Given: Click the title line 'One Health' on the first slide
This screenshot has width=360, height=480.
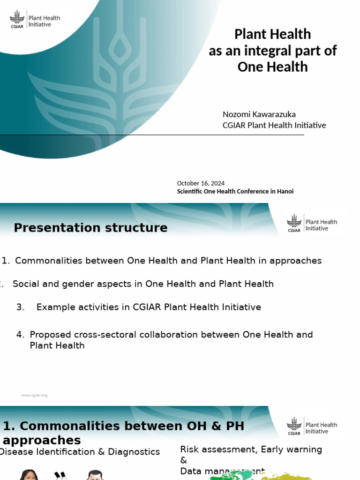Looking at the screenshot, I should pyautogui.click(x=272, y=67).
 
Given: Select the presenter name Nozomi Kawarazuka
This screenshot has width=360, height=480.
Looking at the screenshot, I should pyautogui.click(x=259, y=114).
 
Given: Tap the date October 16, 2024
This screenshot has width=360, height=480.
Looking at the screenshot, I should pyautogui.click(x=201, y=183).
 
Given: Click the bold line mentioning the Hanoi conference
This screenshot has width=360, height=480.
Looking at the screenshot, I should pyautogui.click(x=235, y=191).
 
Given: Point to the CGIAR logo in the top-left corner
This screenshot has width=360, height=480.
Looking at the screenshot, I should pyautogui.click(x=18, y=19).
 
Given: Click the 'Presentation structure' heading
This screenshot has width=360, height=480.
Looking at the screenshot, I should pyautogui.click(x=90, y=228).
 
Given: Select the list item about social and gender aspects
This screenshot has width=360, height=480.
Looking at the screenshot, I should pyautogui.click(x=143, y=284).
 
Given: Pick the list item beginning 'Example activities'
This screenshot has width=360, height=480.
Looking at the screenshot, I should pyautogui.click(x=149, y=307).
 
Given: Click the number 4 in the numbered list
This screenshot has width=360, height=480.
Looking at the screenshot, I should pyautogui.click(x=20, y=335).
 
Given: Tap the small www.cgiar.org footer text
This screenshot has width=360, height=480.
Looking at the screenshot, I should pyautogui.click(x=34, y=395).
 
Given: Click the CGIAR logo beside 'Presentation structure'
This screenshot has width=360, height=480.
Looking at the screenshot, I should pyautogui.click(x=294, y=223).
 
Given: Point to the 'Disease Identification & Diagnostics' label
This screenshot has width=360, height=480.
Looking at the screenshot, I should pyautogui.click(x=80, y=452).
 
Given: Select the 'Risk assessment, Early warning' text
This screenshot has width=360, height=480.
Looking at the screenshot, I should pyautogui.click(x=251, y=450).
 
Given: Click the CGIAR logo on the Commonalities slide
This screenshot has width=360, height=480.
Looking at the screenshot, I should pyautogui.click(x=294, y=426).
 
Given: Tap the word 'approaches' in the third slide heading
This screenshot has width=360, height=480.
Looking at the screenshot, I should pyautogui.click(x=42, y=441).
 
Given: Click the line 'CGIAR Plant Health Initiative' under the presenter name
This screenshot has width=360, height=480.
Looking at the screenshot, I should pyautogui.click(x=274, y=125).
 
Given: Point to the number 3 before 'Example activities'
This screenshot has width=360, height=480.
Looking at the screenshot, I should pyautogui.click(x=20, y=307).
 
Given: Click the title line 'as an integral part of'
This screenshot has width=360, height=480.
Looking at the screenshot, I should pyautogui.click(x=272, y=51).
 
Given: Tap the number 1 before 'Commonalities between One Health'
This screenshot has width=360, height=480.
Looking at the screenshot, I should pyautogui.click(x=5, y=261).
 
